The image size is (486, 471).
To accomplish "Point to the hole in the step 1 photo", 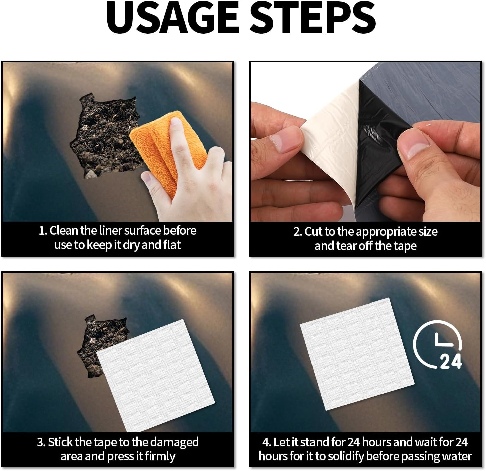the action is click(105, 136).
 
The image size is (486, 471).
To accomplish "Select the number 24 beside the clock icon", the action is click(451, 361).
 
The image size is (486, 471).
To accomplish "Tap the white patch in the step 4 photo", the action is click(357, 354).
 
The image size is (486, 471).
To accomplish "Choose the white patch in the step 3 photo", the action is click(156, 375).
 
